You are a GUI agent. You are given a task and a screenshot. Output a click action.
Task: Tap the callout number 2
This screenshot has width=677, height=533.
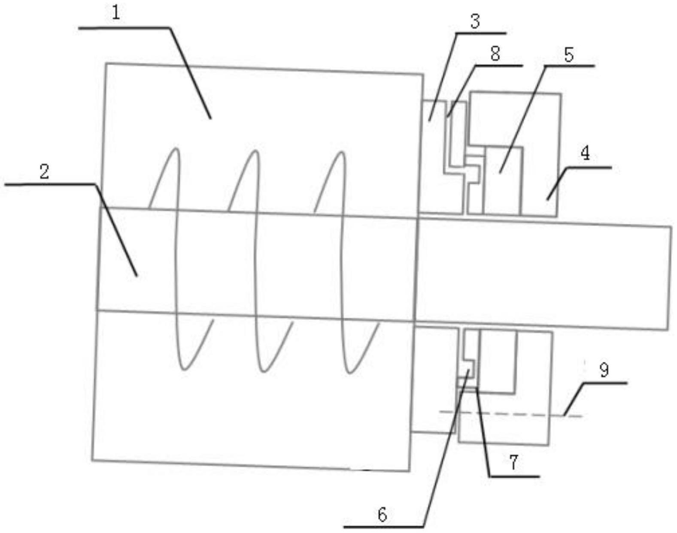(44, 172)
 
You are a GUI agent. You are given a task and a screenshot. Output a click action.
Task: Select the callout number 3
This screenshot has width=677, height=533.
(474, 21)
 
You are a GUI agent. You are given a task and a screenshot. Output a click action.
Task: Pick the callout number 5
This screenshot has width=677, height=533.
(569, 55)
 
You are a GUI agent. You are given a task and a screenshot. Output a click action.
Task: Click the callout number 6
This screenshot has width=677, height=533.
(382, 514)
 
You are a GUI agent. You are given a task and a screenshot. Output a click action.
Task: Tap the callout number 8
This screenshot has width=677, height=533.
(495, 54)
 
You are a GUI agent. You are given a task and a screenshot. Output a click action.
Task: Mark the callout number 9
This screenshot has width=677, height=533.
(604, 370)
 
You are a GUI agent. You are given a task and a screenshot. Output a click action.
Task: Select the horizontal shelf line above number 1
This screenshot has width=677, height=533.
(124, 28)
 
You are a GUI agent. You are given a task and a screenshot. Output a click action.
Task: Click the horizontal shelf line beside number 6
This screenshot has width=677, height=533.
(384, 526)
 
